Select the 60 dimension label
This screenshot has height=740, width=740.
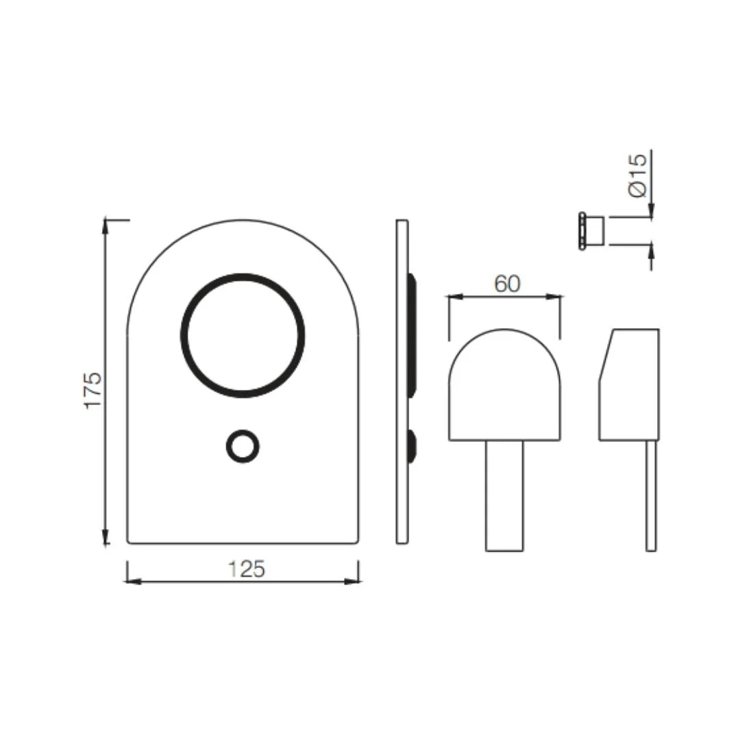click(507, 284)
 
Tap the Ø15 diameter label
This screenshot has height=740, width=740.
click(637, 176)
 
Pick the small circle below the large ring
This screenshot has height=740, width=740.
click(243, 447)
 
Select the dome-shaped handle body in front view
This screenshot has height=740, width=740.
click(504, 387)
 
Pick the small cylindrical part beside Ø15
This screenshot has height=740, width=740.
click(593, 230)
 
